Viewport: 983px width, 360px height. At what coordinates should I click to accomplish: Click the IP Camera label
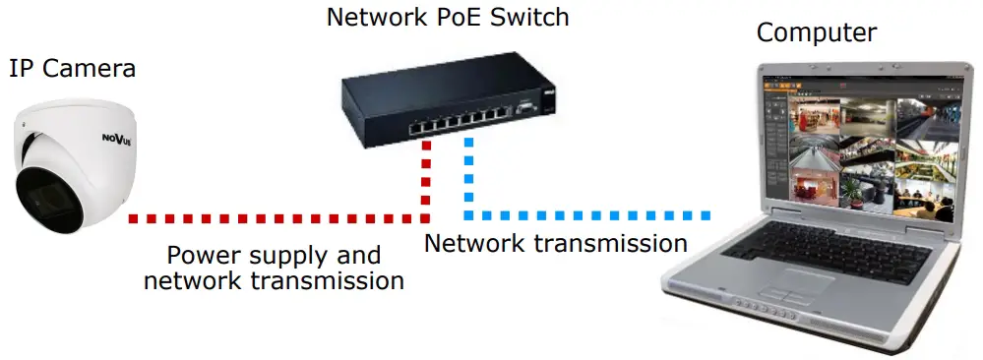click(72, 70)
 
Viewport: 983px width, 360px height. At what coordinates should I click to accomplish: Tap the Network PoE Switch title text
click(449, 18)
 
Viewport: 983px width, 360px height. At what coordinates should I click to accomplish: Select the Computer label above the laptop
click(816, 33)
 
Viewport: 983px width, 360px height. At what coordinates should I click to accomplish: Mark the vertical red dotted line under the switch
click(426, 177)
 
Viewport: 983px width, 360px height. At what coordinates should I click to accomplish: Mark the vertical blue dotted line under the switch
click(469, 177)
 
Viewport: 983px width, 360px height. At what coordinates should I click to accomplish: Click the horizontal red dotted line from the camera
click(276, 216)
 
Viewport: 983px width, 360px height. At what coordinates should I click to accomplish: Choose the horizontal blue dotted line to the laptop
click(590, 215)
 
